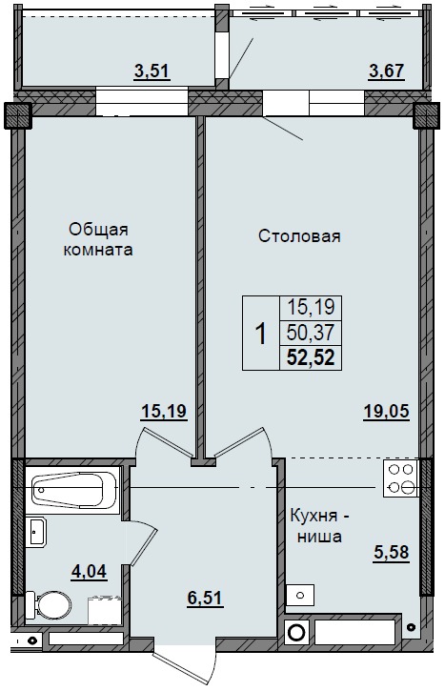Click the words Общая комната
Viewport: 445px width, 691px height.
pos(99,240)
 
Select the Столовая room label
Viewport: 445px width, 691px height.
pos(299,236)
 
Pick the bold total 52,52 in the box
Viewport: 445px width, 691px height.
pos(310,358)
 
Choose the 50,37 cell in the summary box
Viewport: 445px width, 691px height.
pos(310,333)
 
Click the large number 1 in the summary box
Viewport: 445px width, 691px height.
pos(260,334)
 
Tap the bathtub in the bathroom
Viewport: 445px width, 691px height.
pos(72,492)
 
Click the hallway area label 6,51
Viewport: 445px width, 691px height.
pos(205,598)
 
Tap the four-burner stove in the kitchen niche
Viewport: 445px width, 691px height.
pos(400,478)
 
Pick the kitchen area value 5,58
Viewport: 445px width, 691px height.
pos(392,553)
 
